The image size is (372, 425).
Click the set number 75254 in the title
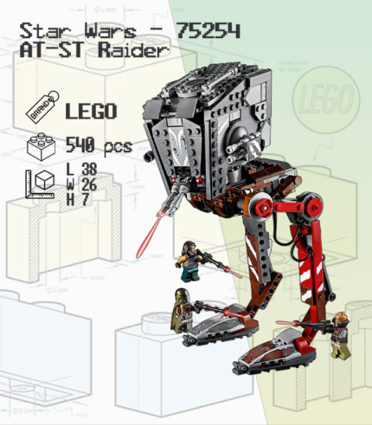(208, 30)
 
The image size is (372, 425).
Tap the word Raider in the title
(133, 50)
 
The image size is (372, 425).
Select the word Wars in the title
(110, 30)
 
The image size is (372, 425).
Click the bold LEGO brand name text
(91, 111)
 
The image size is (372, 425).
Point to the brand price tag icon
(42, 107)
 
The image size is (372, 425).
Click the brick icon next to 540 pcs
(41, 146)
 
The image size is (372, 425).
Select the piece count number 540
(80, 145)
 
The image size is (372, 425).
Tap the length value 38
(89, 169)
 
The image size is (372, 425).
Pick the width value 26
(89, 184)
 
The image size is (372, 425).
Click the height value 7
(86, 199)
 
